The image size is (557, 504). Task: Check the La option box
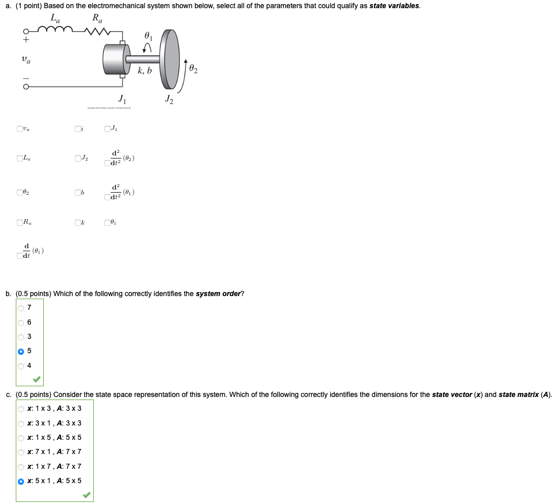point(19,158)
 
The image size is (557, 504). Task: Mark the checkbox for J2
point(77,158)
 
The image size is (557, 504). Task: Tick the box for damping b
point(77,193)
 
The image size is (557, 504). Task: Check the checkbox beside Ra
point(19,222)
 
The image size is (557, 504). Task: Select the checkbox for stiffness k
point(77,222)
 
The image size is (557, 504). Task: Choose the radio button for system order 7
point(21,308)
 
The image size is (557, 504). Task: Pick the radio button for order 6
point(21,322)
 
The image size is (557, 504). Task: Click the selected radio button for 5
point(21,351)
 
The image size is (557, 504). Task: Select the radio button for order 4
point(21,365)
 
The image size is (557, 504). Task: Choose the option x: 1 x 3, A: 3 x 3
point(21,409)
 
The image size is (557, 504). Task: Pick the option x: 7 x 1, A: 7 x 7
point(21,452)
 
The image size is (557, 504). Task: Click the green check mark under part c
point(87,495)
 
